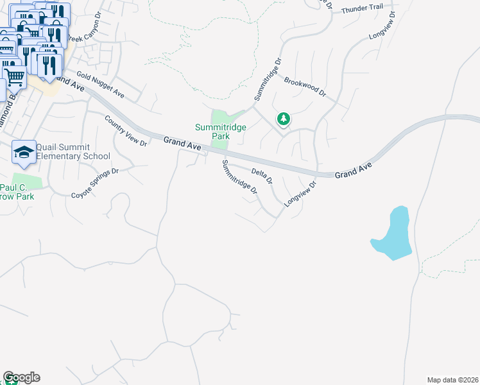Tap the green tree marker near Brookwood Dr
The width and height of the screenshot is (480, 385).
[283, 119]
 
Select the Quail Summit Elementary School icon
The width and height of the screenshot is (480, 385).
[24, 151]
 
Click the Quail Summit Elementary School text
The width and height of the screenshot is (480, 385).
[73, 151]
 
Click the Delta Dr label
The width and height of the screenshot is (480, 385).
[262, 173]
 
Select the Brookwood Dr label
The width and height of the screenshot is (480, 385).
[305, 88]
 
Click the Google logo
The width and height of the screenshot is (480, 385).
[21, 377]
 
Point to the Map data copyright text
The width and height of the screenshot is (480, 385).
[453, 379]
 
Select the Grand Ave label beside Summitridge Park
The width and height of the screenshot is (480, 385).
[182, 144]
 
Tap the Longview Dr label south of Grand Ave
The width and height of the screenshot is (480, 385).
[301, 193]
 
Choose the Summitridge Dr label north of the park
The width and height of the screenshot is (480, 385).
[268, 80]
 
